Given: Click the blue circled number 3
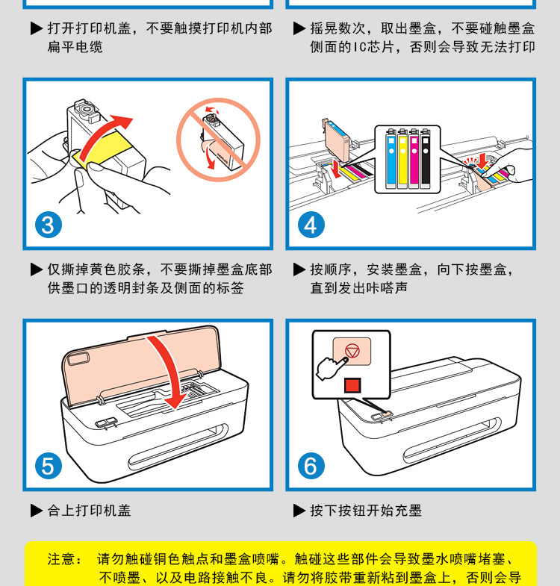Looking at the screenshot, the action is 49,225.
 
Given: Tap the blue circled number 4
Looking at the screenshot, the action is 311,225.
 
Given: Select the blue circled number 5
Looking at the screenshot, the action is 49,466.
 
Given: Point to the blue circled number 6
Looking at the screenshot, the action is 311,466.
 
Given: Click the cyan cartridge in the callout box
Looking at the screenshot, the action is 391,159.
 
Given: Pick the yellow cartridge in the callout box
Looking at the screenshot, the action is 402,159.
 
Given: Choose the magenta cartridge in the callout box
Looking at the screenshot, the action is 414,159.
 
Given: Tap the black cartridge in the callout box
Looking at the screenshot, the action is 426,159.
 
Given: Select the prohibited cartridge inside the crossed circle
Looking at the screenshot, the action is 223,143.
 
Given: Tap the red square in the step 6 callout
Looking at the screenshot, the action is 352,385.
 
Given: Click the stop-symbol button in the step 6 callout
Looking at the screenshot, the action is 352,352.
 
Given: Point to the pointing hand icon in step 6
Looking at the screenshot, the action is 332,368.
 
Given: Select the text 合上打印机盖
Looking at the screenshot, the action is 89,511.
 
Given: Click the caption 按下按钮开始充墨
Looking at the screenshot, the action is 366,511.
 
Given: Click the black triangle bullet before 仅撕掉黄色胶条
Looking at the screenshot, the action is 37,269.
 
